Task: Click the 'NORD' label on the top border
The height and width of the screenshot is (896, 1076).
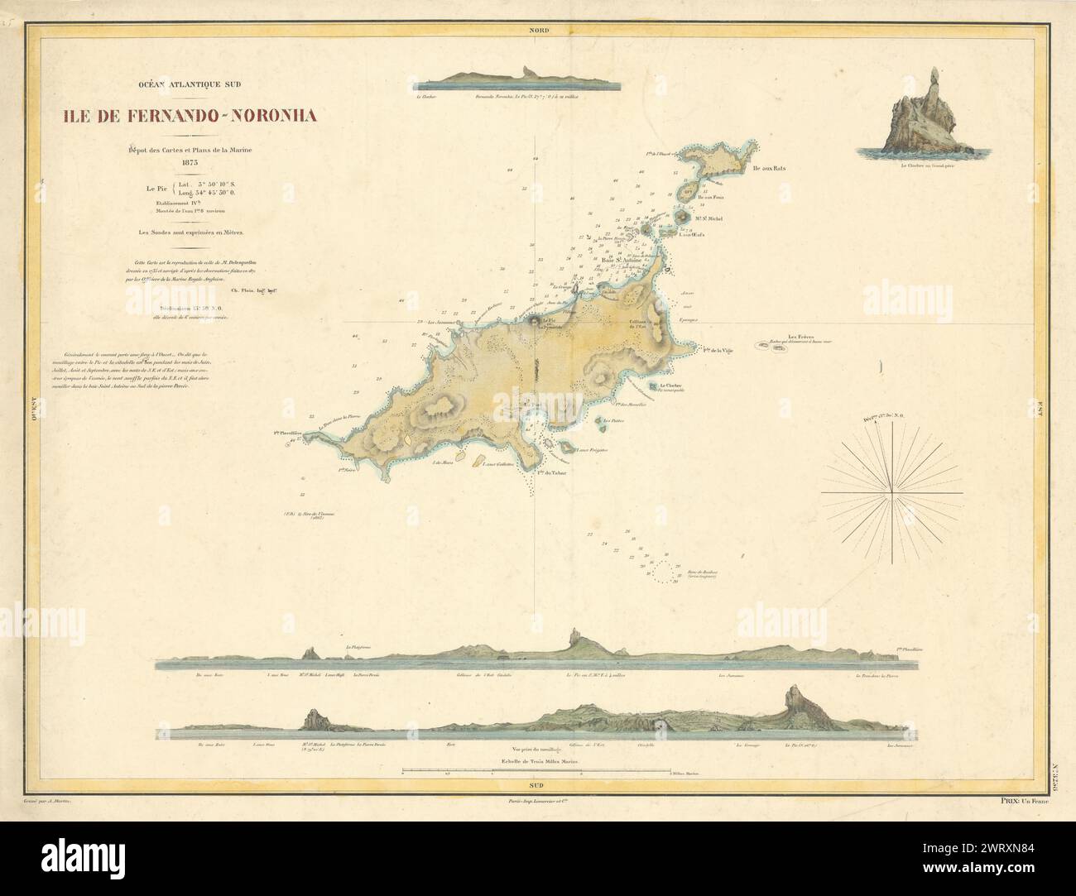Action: tap(537, 31)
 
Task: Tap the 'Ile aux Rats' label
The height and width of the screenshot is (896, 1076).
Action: tap(769, 168)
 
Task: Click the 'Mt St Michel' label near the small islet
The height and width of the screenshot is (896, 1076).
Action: tap(709, 218)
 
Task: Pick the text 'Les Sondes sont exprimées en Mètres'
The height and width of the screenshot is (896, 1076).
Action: tap(191, 232)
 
